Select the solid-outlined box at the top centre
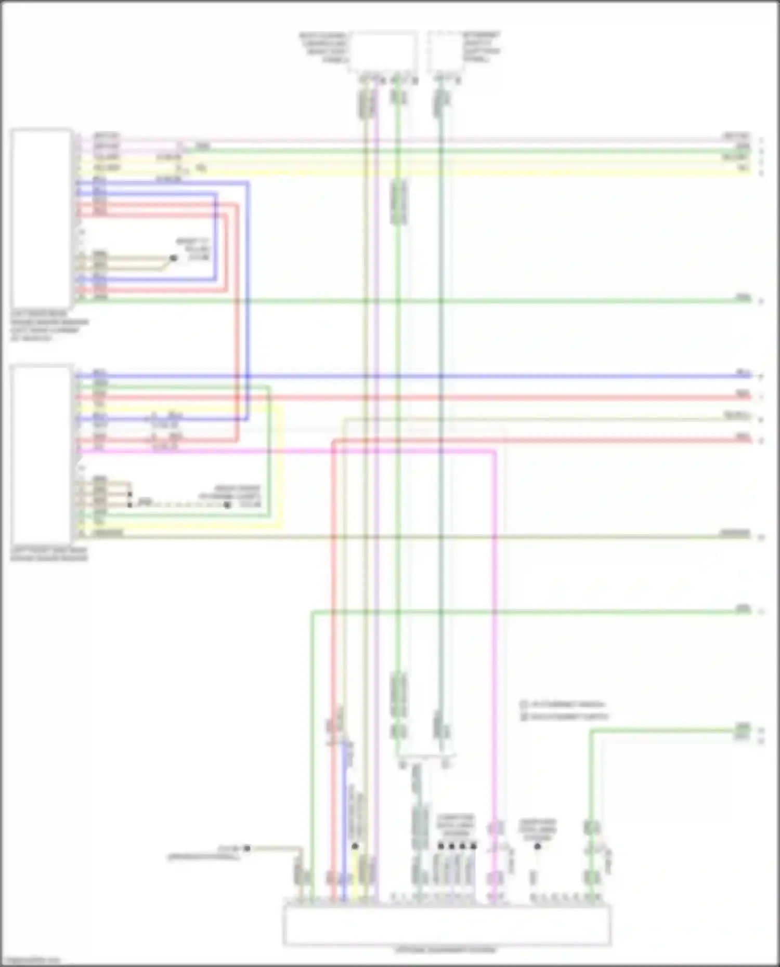[x=384, y=50]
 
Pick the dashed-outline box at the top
[x=446, y=51]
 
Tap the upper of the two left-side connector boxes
[x=41, y=218]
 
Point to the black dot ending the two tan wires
[x=174, y=258]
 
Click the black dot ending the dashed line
[x=227, y=505]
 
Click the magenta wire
[x=495, y=624]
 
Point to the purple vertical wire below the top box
[x=376, y=260]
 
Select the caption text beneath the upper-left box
[x=49, y=326]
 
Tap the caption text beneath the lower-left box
[x=49, y=554]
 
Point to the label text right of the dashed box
[x=482, y=47]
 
